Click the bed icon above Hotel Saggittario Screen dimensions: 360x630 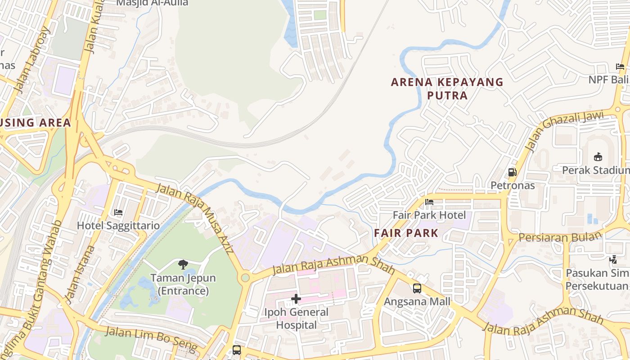pos(118,212)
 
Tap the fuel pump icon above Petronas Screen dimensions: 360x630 pos(512,172)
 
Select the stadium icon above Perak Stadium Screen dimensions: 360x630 pos(598,157)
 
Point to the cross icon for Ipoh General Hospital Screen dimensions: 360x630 pos(296,298)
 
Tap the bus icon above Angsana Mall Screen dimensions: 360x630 pos(417,288)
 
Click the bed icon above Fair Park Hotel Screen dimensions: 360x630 pos(429,202)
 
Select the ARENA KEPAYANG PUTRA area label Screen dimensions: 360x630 pos(447,89)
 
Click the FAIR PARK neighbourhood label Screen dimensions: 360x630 pos(406,233)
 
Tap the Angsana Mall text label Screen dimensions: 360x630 pos(417,301)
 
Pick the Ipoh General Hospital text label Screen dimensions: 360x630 pos(297,318)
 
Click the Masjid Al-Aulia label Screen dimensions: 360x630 pos(152,3)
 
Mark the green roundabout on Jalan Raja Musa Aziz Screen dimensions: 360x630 pos(245,278)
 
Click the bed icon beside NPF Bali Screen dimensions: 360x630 pos(620,67)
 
